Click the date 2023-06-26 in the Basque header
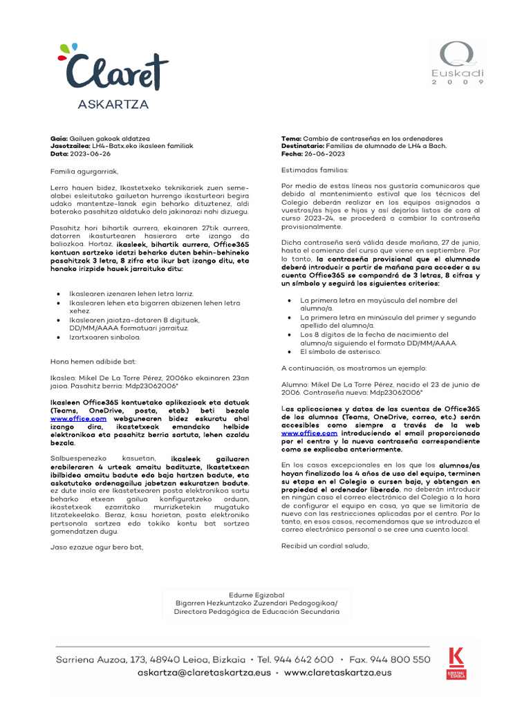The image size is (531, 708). tap(88, 153)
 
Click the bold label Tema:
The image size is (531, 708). tap(292, 138)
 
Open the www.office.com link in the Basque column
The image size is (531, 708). tap(78, 418)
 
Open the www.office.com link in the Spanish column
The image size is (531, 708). tap(304, 433)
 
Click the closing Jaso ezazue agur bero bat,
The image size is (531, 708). tap(96, 547)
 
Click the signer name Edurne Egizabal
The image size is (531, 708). tap(256, 595)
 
